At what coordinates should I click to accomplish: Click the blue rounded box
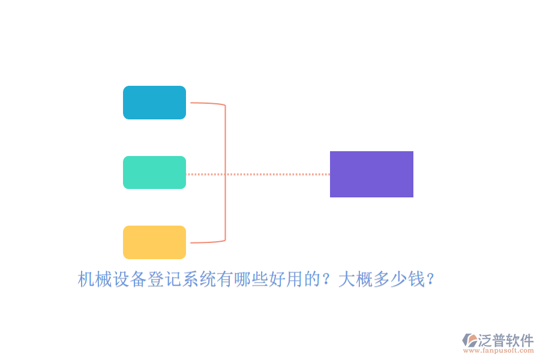(x=154, y=103)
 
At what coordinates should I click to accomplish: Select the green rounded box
(x=154, y=172)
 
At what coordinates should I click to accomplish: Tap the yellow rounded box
(x=154, y=242)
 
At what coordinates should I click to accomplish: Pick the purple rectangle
(x=371, y=175)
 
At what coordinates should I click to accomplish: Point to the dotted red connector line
(x=258, y=175)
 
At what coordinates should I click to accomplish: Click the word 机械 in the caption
(x=95, y=279)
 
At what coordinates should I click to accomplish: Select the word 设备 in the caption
(x=130, y=279)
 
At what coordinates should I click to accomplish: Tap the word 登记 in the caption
(x=164, y=279)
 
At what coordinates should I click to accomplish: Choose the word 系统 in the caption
(x=199, y=279)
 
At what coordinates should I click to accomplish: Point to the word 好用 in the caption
(x=286, y=279)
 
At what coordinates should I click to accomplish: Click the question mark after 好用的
(x=325, y=279)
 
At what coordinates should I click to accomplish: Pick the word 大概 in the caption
(x=356, y=279)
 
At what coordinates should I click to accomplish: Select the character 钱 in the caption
(x=416, y=279)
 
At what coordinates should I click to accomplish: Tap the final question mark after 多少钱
(x=430, y=279)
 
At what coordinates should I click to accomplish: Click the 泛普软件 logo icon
(x=470, y=340)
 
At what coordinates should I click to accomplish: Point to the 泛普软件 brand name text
(x=506, y=340)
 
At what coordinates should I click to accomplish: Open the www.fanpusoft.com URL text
(x=499, y=350)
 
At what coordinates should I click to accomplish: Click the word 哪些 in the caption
(x=251, y=279)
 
